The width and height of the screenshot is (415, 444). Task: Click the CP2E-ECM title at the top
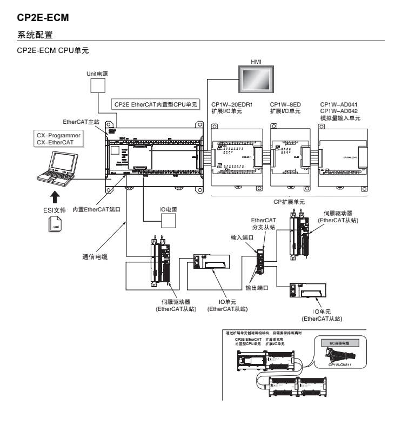coord(43,18)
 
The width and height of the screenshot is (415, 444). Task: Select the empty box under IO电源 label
coord(169,221)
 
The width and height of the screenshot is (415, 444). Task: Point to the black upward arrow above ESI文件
coord(55,196)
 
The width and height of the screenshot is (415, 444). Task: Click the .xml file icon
coord(55,224)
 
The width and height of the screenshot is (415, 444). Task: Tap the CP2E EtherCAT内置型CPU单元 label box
coord(156,104)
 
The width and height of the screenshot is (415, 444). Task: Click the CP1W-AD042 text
coord(339,111)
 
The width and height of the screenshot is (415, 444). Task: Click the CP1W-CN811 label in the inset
coord(340,365)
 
